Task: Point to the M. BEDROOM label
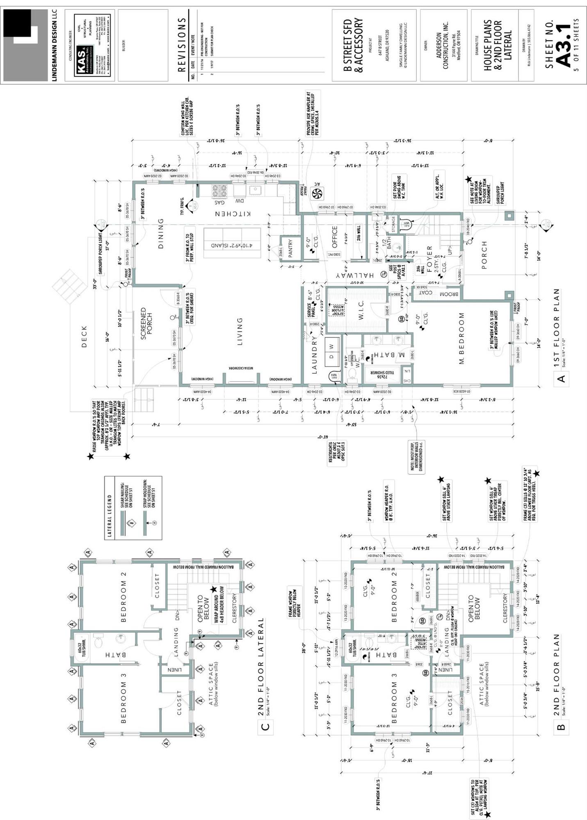pyautogui.click(x=461, y=339)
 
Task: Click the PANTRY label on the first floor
pyautogui.click(x=290, y=248)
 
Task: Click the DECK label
pyautogui.click(x=84, y=336)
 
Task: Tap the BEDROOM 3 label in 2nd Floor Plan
pyautogui.click(x=394, y=702)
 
